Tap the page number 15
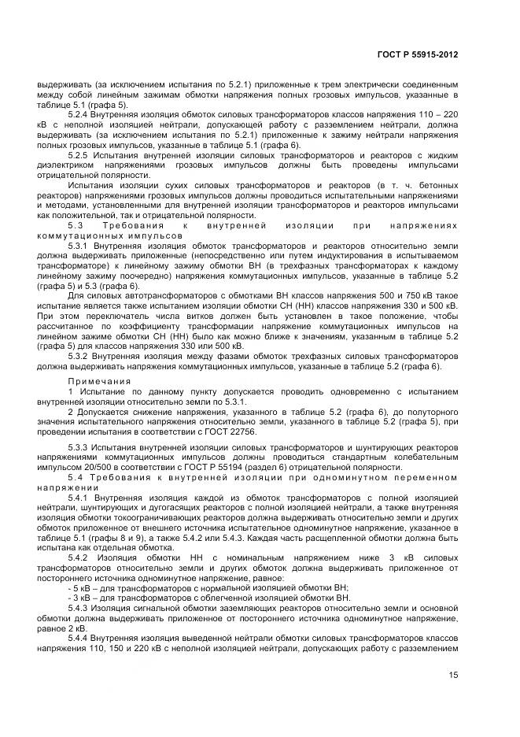(453, 674)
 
